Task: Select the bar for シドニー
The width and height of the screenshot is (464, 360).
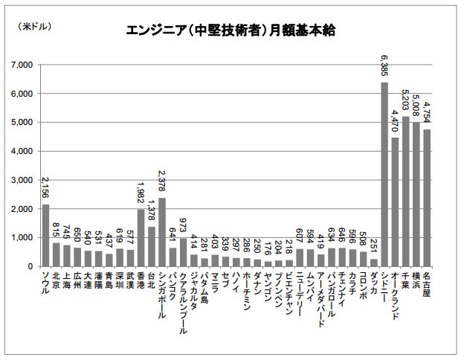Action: pyautogui.click(x=384, y=174)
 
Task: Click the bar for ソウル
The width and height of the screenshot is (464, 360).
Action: pyautogui.click(x=45, y=235)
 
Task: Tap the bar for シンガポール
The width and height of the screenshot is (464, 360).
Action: pyautogui.click(x=162, y=232)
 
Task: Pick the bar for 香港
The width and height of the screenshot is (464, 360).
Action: pyautogui.click(x=141, y=237)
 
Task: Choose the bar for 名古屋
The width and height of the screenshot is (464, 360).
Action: pyautogui.click(x=427, y=198)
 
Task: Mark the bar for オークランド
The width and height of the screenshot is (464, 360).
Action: pyautogui.click(x=395, y=202)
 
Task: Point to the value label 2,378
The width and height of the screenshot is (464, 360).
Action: pyautogui.click(x=162, y=183)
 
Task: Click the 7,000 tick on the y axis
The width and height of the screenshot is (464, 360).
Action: pyautogui.click(x=25, y=65)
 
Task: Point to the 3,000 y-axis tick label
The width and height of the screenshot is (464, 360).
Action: pyautogui.click(x=25, y=180)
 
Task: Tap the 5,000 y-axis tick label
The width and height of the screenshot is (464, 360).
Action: pyautogui.click(x=25, y=123)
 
